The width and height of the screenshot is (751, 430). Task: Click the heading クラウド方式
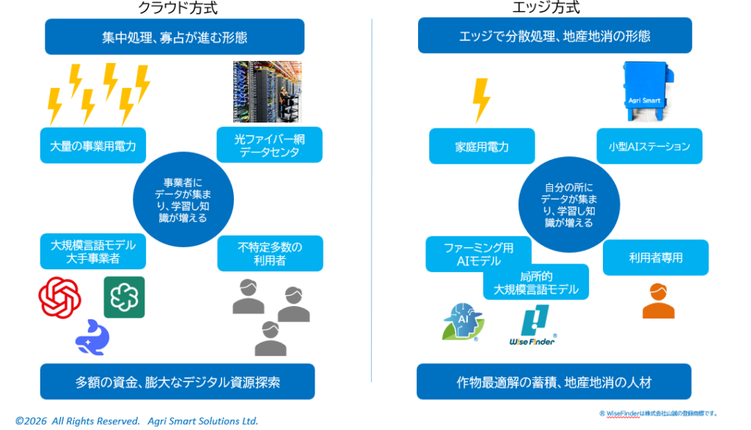tap(177, 8)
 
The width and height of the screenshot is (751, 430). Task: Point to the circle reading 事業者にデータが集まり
tap(183, 200)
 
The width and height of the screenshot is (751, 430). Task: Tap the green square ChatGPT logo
tap(124, 296)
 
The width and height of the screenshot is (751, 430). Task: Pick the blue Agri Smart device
tap(645, 92)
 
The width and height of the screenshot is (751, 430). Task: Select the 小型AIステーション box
tap(649, 147)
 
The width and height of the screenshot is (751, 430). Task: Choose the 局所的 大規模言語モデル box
tap(535, 283)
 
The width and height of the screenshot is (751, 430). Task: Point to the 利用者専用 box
tap(656, 258)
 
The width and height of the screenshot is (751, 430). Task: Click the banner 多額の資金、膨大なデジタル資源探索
tap(177, 382)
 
